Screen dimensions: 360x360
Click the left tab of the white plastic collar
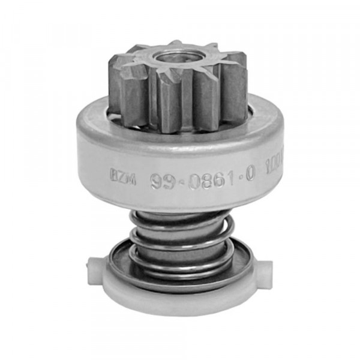coord(97,265)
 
